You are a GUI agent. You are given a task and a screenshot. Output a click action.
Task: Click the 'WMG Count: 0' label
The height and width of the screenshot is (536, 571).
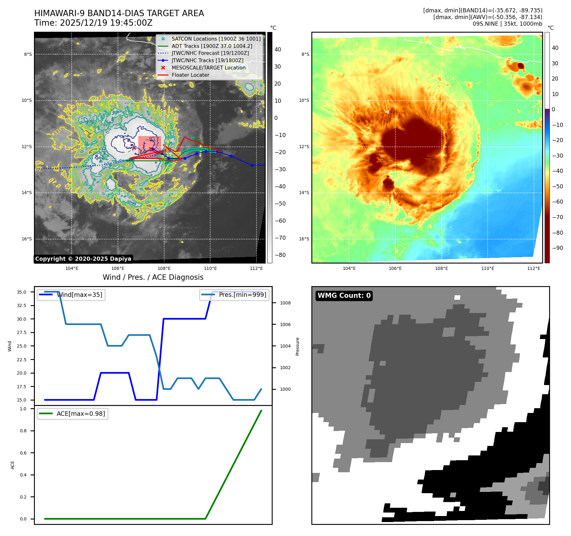(x=344, y=296)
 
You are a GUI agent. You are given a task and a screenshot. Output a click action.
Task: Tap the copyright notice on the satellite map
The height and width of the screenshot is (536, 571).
(x=83, y=259)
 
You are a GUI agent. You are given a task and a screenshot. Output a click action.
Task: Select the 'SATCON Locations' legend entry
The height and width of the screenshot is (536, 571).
(x=216, y=39)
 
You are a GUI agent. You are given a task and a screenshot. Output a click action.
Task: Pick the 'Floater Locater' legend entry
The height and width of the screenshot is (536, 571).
(x=190, y=75)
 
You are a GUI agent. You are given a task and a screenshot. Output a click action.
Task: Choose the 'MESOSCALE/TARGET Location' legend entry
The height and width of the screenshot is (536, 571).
(x=208, y=68)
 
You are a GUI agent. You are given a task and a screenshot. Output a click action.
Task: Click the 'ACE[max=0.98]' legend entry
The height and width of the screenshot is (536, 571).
(x=81, y=414)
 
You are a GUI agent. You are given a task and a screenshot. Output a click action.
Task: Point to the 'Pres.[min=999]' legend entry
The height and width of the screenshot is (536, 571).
(x=242, y=295)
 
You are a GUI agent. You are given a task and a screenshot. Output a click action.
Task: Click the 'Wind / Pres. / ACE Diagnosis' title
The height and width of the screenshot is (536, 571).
(x=153, y=277)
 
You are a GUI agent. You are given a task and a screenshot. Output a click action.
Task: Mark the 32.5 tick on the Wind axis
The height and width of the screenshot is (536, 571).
(x=22, y=305)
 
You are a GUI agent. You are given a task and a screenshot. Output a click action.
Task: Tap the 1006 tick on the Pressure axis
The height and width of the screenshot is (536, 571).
(x=285, y=324)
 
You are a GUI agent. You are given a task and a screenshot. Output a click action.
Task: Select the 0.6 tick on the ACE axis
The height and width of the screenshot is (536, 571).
(x=23, y=453)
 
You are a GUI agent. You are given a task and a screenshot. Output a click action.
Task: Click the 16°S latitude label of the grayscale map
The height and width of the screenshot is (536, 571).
(x=27, y=239)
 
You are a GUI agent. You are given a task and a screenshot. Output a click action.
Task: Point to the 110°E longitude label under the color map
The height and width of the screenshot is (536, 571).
(x=488, y=268)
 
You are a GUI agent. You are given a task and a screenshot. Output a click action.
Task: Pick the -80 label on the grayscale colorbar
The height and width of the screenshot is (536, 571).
(x=280, y=255)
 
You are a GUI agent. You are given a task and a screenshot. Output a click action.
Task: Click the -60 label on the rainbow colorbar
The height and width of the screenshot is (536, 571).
(x=557, y=202)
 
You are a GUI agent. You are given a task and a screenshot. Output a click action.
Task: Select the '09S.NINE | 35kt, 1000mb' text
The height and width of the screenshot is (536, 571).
(x=507, y=24)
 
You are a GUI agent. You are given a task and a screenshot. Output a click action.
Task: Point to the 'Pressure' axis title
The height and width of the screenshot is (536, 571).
(x=297, y=346)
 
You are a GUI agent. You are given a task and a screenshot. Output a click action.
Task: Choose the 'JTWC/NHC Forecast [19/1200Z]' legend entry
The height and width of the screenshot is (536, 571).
(x=210, y=53)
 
